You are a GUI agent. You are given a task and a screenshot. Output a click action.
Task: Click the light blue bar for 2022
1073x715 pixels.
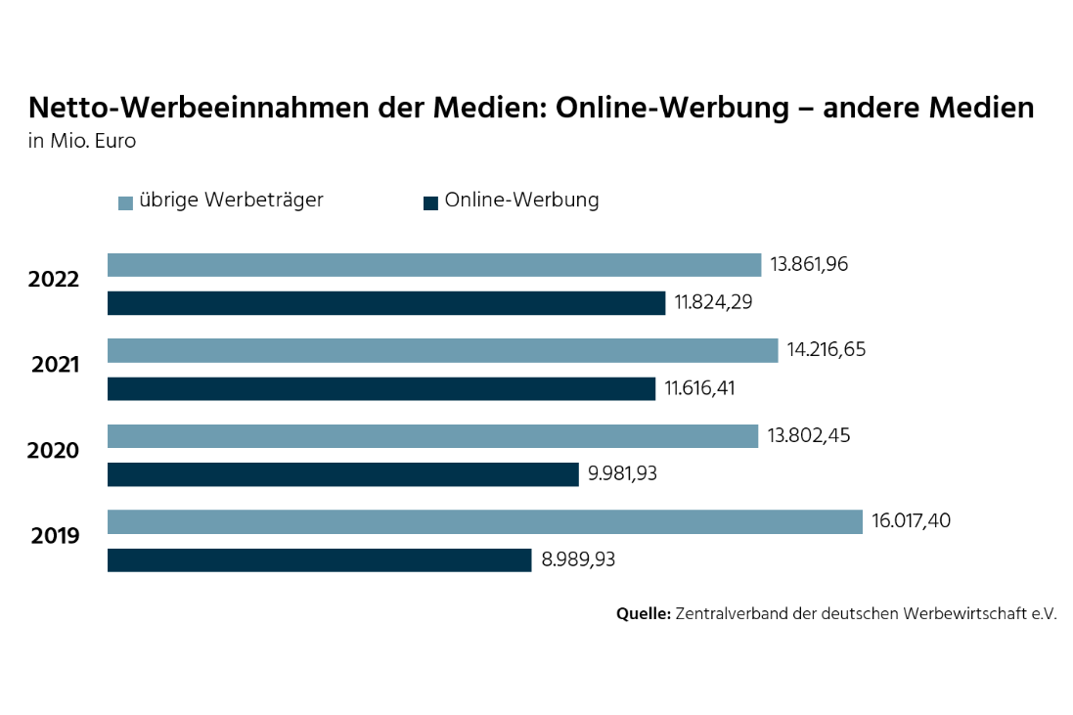pos(433,265)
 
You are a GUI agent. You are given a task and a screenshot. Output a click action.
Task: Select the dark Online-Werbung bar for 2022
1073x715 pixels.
pos(385,303)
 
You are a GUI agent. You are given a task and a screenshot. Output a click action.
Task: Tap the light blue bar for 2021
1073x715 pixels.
pos(442,350)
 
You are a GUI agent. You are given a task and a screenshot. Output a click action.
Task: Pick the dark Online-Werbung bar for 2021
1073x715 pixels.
pos(380,389)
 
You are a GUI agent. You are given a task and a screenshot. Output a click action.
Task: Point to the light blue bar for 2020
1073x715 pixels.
pos(432,436)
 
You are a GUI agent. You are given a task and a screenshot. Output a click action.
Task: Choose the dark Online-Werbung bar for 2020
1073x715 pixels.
pos(342,474)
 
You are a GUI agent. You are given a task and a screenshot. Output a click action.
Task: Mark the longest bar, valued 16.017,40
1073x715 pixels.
pos(484,521)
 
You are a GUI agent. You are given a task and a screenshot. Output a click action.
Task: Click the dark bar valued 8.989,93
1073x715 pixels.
pos(319,560)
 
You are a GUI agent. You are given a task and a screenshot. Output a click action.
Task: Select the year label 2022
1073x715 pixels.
pos(54,280)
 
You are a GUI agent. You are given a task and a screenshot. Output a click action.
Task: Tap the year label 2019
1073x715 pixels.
pos(56,536)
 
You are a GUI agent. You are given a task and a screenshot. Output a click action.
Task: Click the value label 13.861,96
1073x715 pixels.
pos(809,264)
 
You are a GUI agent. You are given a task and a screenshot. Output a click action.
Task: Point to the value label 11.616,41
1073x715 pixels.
pos(699,388)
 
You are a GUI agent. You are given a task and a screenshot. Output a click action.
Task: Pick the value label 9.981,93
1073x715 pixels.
pos(622,474)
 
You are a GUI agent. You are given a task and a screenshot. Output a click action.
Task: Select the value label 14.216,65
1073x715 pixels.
pos(827,349)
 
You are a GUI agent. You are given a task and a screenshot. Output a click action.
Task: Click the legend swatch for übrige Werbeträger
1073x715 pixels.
pos(125,203)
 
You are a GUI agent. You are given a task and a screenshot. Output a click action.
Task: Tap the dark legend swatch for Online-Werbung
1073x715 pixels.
pos(430,203)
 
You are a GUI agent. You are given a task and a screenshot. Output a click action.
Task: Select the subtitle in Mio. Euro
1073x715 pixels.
pos(82,142)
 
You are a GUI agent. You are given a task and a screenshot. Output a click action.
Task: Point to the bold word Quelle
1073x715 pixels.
pos(643,614)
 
